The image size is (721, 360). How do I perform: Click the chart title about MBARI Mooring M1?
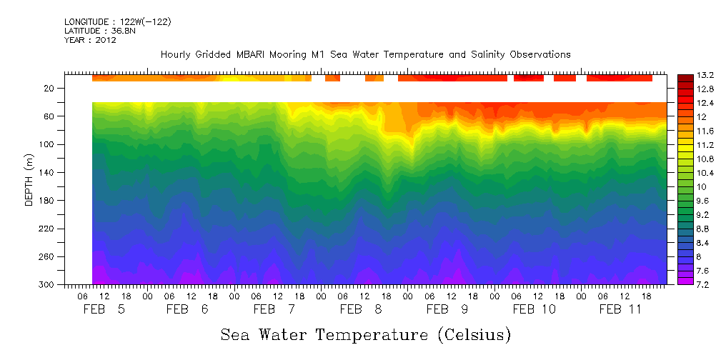365,54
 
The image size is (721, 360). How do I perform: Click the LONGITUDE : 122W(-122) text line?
117,22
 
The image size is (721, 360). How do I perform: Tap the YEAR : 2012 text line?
90,40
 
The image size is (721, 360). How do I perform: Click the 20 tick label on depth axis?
50,89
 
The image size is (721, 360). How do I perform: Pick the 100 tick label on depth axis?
48,144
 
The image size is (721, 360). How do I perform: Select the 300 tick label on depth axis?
48,284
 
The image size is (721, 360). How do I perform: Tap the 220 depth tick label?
48,229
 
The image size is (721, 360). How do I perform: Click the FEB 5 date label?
104,309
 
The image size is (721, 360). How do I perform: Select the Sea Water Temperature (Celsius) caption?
365,334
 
